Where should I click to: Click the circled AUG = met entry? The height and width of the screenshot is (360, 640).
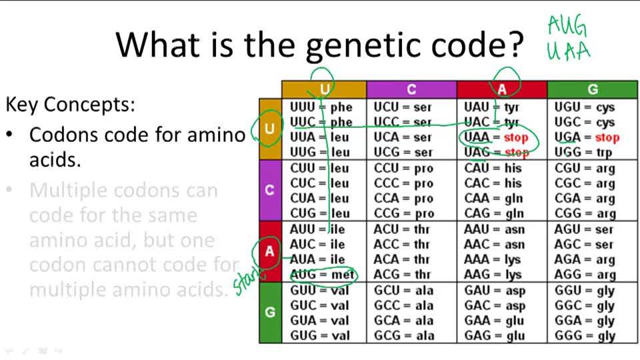(x=322, y=275)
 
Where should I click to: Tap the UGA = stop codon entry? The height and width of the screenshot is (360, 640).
(x=587, y=137)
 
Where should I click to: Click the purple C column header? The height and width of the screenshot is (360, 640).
(x=411, y=89)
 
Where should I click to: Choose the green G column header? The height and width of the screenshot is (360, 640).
(x=592, y=89)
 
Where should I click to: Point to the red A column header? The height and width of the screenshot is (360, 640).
(x=501, y=89)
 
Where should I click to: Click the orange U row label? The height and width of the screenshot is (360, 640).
(x=269, y=129)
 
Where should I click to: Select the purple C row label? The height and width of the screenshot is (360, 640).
(x=269, y=190)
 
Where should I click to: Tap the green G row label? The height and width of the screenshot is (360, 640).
(x=269, y=312)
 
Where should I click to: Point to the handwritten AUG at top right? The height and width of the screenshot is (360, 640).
(x=567, y=27)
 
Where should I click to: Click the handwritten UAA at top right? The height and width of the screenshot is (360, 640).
(x=568, y=51)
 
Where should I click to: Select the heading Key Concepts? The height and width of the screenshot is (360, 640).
(x=70, y=105)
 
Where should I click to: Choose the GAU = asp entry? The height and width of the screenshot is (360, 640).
(x=495, y=291)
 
